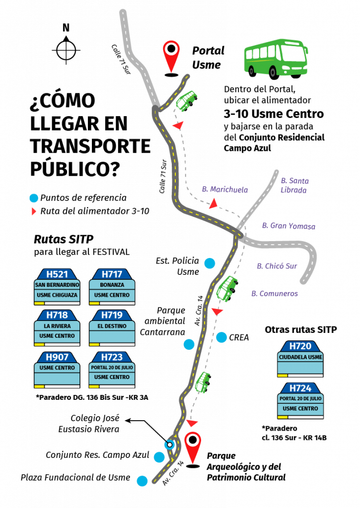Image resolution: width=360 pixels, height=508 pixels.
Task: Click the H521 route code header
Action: coord(57,274)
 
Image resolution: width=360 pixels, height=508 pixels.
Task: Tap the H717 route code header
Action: coord(112,274)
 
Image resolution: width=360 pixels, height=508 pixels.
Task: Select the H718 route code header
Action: coord(57,315)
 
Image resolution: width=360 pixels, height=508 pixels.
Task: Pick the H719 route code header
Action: coord(112,315)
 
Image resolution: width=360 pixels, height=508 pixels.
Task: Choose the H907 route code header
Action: coord(57,357)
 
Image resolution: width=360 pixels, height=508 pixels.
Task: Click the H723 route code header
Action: coord(112,357)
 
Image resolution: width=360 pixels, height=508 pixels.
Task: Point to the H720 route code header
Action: coord(300,346)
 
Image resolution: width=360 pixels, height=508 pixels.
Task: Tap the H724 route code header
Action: coord(300,388)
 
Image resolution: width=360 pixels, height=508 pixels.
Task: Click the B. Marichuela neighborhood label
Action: coord(224,189)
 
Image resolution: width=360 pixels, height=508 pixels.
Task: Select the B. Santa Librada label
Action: coord(294,185)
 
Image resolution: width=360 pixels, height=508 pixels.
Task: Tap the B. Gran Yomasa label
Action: coord(288,226)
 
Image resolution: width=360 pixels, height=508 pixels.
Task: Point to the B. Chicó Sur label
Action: coord(277,266)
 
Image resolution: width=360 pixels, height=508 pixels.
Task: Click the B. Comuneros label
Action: coord(274,293)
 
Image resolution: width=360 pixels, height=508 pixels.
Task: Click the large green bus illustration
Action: coord(276,57)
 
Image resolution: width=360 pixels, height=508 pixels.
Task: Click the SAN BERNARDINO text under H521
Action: coord(57,285)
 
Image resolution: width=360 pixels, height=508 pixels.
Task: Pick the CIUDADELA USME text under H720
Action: coord(300,357)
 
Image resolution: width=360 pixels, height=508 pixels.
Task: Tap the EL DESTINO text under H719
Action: coord(112,326)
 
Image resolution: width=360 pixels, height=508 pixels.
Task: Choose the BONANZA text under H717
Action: coord(112,285)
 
